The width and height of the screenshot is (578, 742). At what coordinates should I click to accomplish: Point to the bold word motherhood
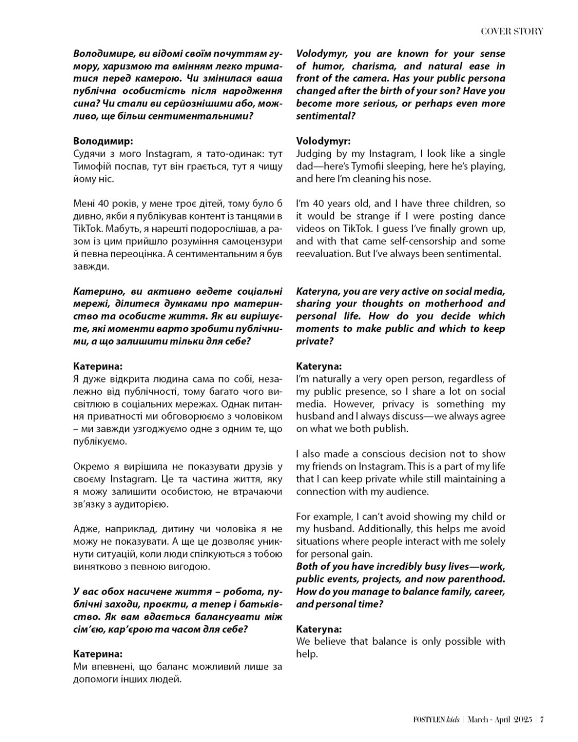pos(445,303)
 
